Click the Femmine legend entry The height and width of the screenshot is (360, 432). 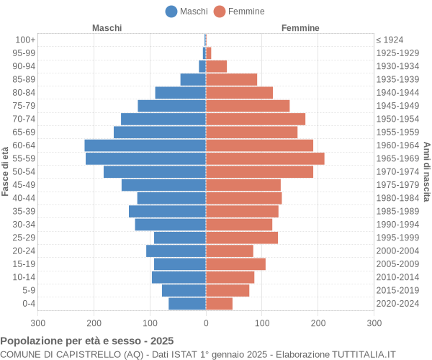click(x=239, y=11)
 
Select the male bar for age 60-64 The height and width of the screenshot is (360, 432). click(x=145, y=145)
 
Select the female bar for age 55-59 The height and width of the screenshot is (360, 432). click(x=265, y=158)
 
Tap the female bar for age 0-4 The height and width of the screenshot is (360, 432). click(x=219, y=304)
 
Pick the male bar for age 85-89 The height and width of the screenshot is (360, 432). click(x=193, y=79)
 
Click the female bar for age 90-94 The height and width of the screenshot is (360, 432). click(x=216, y=66)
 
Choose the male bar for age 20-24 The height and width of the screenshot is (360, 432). click(x=176, y=251)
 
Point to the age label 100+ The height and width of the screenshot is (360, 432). click(x=25, y=40)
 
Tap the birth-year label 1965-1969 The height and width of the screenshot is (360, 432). click(x=397, y=158)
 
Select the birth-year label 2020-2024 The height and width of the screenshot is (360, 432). click(x=397, y=304)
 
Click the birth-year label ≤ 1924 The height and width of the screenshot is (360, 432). click(x=390, y=40)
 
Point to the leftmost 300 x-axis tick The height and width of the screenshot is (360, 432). click(x=37, y=324)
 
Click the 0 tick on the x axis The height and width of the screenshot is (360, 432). click(x=206, y=324)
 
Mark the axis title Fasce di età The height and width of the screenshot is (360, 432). click(x=6, y=171)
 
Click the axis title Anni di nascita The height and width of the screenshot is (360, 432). click(x=426, y=171)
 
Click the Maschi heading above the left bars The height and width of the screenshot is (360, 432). click(x=107, y=28)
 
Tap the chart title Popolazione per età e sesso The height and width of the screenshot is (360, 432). click(x=87, y=341)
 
